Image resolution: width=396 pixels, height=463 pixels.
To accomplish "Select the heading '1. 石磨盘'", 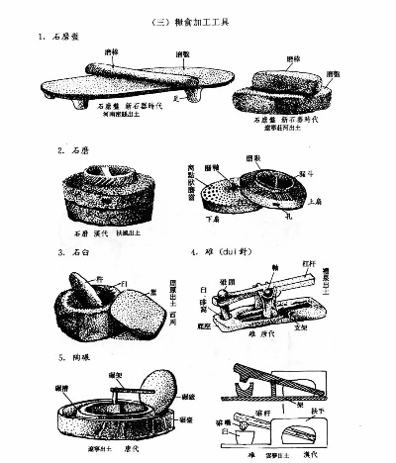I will (64, 39).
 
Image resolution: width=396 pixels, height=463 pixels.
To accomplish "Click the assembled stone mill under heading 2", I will (104, 196).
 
